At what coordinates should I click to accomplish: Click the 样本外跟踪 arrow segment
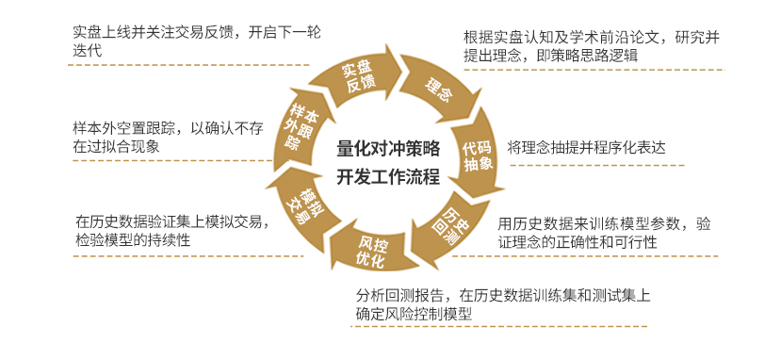(x=299, y=128)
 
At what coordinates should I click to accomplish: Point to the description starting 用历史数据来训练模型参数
(x=604, y=233)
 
